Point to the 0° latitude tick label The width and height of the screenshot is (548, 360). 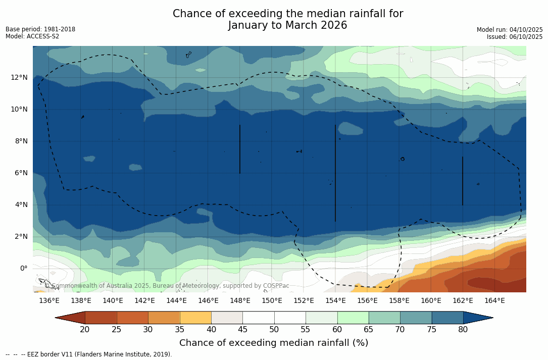[24, 268]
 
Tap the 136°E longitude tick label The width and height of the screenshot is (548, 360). [49, 300]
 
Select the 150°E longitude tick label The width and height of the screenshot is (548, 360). [272, 300]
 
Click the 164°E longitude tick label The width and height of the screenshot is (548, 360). [494, 300]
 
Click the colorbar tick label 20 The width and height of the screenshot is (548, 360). [85, 330]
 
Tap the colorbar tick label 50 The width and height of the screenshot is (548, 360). [274, 330]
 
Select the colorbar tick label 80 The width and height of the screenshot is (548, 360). [463, 330]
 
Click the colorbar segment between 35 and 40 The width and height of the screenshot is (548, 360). [195, 318]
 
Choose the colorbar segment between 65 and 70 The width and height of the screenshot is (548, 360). [384, 318]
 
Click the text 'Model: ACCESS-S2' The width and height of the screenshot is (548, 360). [32, 36]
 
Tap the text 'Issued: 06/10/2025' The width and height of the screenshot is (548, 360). [514, 37]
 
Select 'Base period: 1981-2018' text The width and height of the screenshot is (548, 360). [40, 29]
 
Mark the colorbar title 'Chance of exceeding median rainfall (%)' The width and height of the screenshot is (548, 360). [274, 343]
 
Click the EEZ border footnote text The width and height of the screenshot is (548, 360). [88, 354]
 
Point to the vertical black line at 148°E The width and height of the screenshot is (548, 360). [239, 149]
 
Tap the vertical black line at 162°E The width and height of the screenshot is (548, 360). [463, 181]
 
